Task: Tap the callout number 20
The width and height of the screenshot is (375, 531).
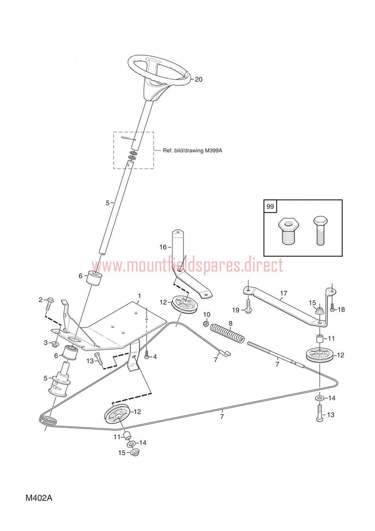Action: tap(199, 79)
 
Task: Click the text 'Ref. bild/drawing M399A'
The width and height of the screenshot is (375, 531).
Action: tap(192, 150)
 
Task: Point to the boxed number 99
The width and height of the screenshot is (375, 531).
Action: tap(270, 206)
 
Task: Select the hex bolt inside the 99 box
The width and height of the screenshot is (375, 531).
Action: tap(321, 231)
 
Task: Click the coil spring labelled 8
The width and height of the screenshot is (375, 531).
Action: tap(227, 333)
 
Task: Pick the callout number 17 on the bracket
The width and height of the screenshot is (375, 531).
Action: tap(283, 293)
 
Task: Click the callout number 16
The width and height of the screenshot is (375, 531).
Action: tap(163, 247)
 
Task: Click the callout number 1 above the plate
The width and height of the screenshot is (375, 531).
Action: tap(140, 296)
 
